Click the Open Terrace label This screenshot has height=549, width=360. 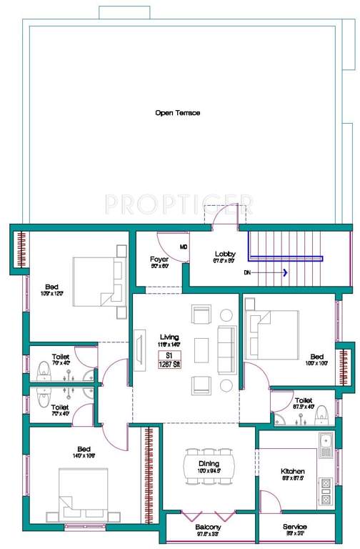(x=178, y=113)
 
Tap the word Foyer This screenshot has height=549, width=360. (x=159, y=259)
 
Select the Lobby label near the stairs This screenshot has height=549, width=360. (x=226, y=254)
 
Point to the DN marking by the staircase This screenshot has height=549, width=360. (x=246, y=272)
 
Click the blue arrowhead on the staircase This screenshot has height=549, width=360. (x=284, y=272)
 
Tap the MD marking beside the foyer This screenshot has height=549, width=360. (x=184, y=247)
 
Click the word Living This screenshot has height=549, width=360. (x=169, y=337)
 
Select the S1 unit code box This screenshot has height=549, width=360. (x=169, y=355)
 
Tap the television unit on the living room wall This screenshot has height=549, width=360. (x=136, y=352)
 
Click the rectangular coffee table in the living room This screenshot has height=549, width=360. (x=202, y=350)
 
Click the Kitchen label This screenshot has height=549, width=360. (x=292, y=472)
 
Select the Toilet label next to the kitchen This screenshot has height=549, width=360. (x=304, y=401)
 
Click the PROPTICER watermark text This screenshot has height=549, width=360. (x=179, y=204)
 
